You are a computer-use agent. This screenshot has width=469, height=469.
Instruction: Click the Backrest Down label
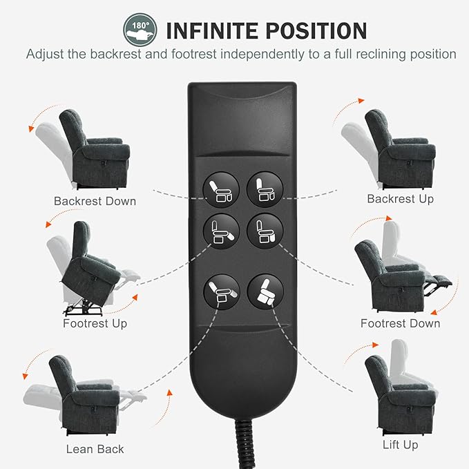(95, 201)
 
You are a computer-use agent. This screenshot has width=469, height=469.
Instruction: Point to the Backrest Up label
(400, 199)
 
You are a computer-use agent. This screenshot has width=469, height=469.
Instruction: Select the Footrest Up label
(95, 323)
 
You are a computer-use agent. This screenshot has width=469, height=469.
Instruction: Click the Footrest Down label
(400, 323)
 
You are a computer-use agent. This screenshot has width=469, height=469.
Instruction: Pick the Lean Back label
(95, 449)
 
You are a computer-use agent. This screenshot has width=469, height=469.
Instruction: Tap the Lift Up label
(400, 445)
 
